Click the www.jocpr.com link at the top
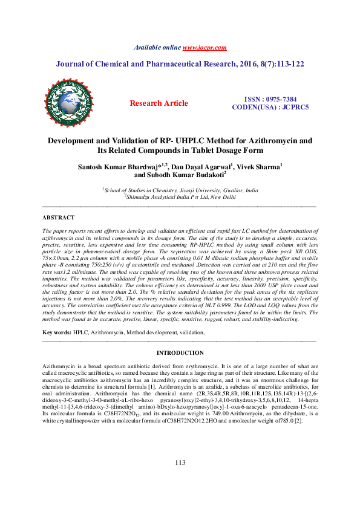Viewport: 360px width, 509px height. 205,47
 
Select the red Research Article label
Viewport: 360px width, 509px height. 159,103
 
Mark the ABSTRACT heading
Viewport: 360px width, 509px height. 59,217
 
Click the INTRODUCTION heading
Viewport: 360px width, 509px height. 180,353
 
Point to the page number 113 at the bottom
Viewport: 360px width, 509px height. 180,480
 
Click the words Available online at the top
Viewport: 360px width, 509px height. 157,47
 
